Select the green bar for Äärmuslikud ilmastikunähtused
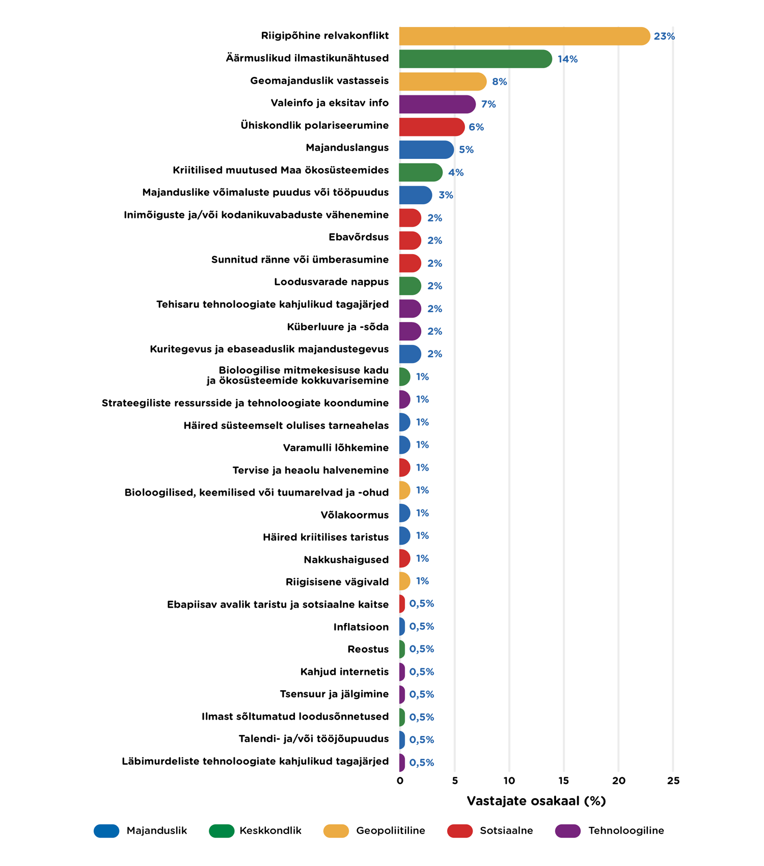[475, 59]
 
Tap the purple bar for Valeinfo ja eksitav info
[436, 104]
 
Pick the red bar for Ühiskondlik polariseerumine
[431, 127]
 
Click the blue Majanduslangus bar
[426, 150]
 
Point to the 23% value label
[664, 36]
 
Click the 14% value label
[567, 59]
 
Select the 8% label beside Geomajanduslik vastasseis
[499, 82]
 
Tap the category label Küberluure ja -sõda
[338, 327]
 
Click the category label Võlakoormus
[354, 515]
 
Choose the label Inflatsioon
[361, 627]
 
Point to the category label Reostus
[368, 649]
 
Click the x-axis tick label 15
[564, 781]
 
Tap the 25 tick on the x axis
[673, 781]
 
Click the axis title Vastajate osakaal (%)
[536, 801]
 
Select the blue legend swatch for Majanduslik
[106, 831]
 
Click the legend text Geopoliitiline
[390, 831]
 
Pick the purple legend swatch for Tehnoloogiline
[568, 831]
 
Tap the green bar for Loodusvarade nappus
[410, 286]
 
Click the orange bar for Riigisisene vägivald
[404, 581]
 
